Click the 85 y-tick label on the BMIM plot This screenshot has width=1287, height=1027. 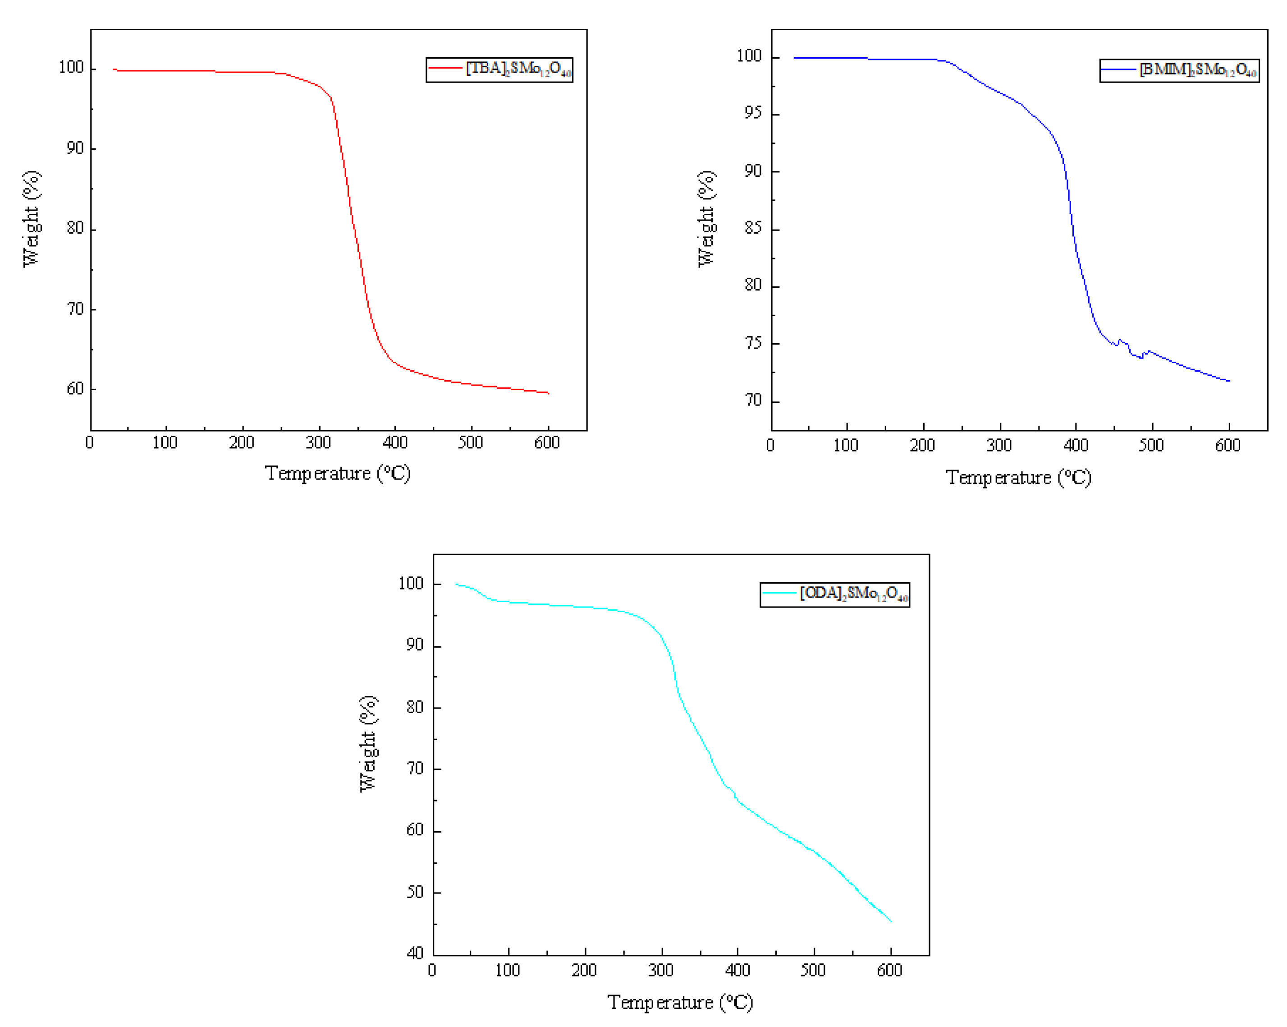753,228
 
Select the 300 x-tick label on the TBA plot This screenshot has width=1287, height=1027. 318,443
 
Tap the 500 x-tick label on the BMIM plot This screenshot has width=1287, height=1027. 1150,446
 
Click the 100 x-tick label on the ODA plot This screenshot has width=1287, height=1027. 508,970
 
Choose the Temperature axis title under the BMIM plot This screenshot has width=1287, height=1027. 1018,478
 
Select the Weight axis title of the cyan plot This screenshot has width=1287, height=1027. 368,744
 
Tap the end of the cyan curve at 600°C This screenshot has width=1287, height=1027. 891,921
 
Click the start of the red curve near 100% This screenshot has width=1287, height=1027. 115,69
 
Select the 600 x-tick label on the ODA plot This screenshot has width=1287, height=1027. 889,970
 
